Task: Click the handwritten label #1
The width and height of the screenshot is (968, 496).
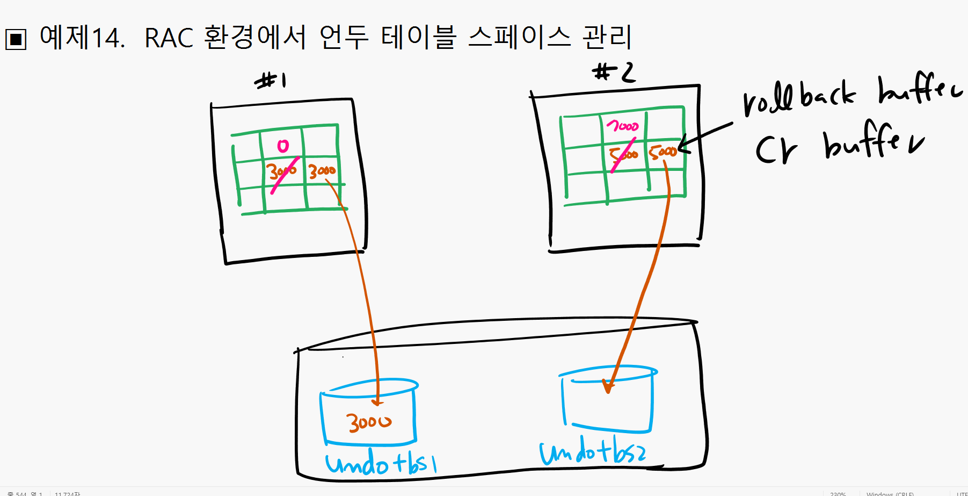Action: click(271, 81)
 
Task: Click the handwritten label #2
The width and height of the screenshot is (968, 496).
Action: click(614, 73)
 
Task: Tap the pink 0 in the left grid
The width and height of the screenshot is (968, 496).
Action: click(283, 146)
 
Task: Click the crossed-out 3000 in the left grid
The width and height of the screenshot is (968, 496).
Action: click(282, 171)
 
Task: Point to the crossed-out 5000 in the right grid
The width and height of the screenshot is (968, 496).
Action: click(623, 155)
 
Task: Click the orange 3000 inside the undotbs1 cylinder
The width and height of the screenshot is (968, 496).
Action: click(369, 422)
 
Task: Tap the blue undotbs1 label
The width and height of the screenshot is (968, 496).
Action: click(381, 464)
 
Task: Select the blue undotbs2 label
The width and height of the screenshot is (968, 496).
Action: click(593, 452)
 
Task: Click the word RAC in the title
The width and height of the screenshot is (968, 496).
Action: click(169, 38)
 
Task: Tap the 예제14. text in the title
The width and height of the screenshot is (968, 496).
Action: click(82, 38)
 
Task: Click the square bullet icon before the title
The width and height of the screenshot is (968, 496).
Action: click(16, 39)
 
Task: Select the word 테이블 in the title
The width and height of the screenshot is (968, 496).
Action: click(418, 37)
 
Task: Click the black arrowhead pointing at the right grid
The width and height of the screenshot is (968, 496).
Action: click(683, 145)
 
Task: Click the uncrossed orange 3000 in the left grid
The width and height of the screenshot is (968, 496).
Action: click(322, 171)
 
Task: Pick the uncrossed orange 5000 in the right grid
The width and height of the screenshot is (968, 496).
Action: click(662, 152)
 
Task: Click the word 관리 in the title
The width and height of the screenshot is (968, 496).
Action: click(607, 37)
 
